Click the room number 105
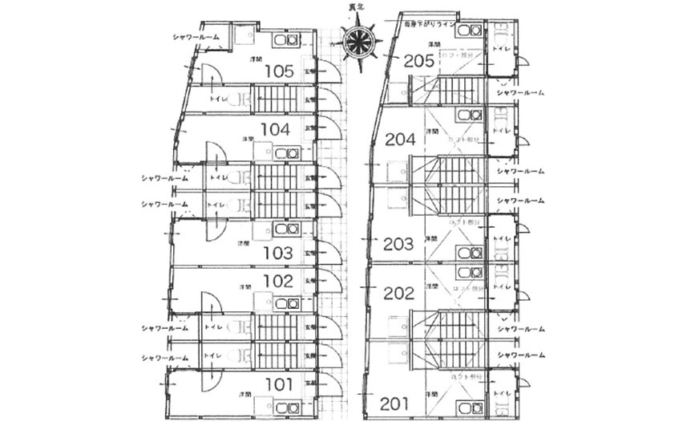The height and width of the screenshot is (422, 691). [278, 71]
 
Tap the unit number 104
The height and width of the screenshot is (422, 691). [275, 128]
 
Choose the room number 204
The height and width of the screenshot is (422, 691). [400, 139]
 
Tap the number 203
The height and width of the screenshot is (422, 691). [398, 243]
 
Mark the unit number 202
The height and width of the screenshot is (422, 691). [398, 293]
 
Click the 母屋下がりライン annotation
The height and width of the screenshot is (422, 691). [430, 24]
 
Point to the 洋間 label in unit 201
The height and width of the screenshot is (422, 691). [433, 395]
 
